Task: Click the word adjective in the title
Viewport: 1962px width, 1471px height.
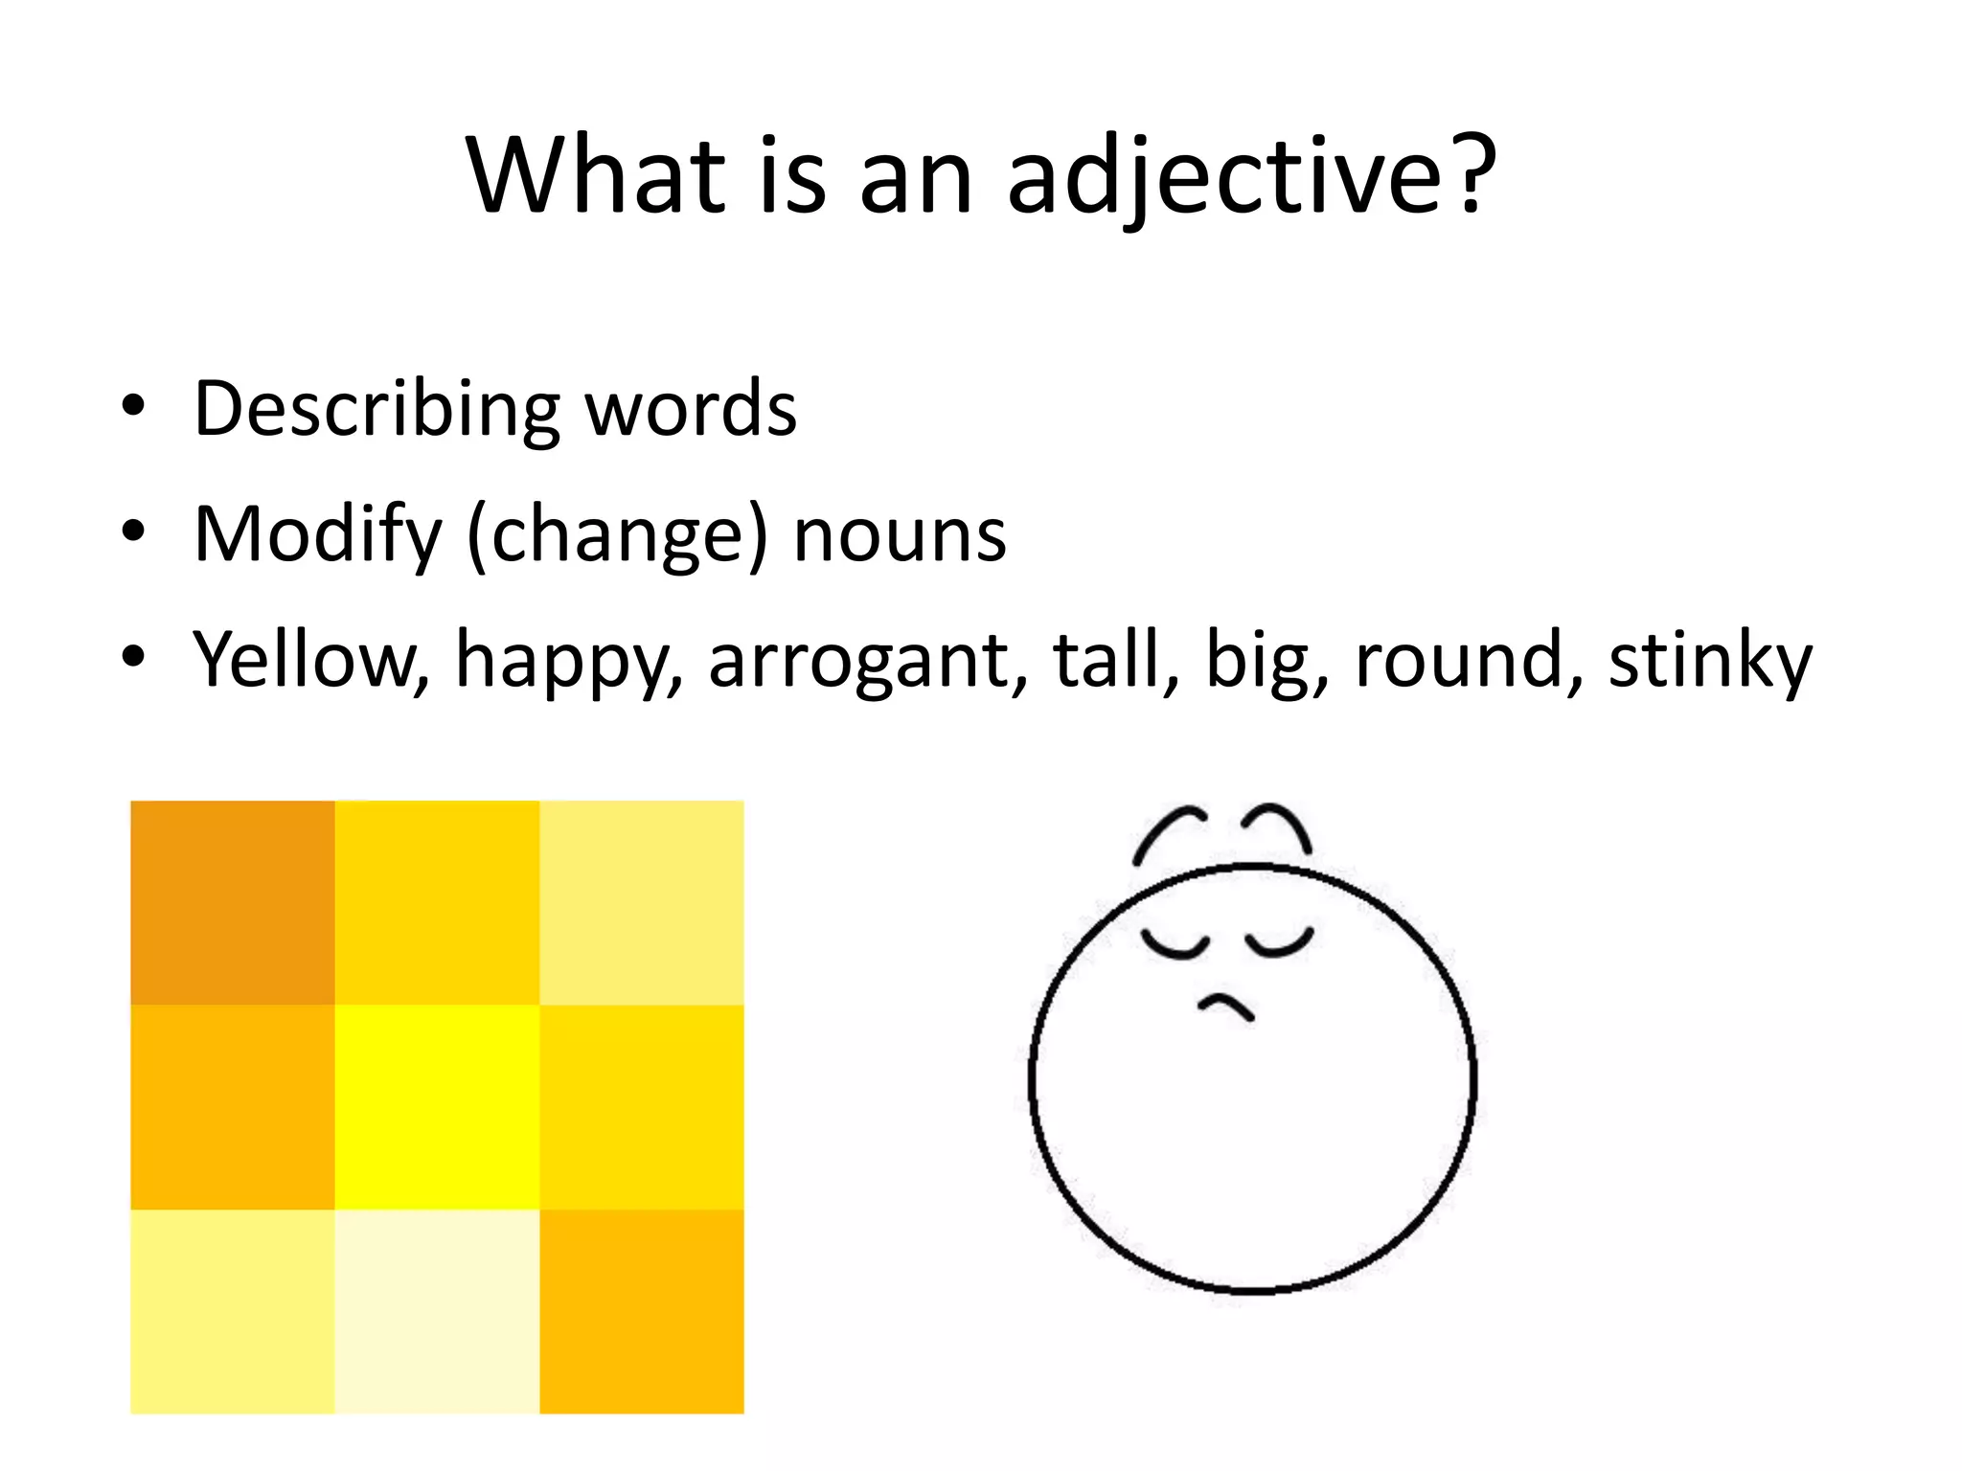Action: pyautogui.click(x=1250, y=177)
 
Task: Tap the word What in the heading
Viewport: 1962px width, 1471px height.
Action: pyautogui.click(x=595, y=177)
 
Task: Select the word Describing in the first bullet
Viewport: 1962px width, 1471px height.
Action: pyautogui.click(x=376, y=410)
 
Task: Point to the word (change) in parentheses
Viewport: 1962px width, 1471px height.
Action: pyautogui.click(x=617, y=536)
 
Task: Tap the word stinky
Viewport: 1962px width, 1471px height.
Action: pyautogui.click(x=1710, y=661)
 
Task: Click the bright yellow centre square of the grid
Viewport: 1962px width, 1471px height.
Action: pyautogui.click(x=437, y=1107)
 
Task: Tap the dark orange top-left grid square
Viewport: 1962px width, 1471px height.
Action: pyautogui.click(x=233, y=902)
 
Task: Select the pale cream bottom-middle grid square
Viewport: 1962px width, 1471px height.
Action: pyautogui.click(x=437, y=1311)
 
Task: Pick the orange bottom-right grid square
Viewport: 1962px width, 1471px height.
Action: pyautogui.click(x=642, y=1311)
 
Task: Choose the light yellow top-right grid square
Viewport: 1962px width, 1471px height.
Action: pyautogui.click(x=642, y=902)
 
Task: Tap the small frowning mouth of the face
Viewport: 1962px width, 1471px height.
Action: pyautogui.click(x=1226, y=1007)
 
